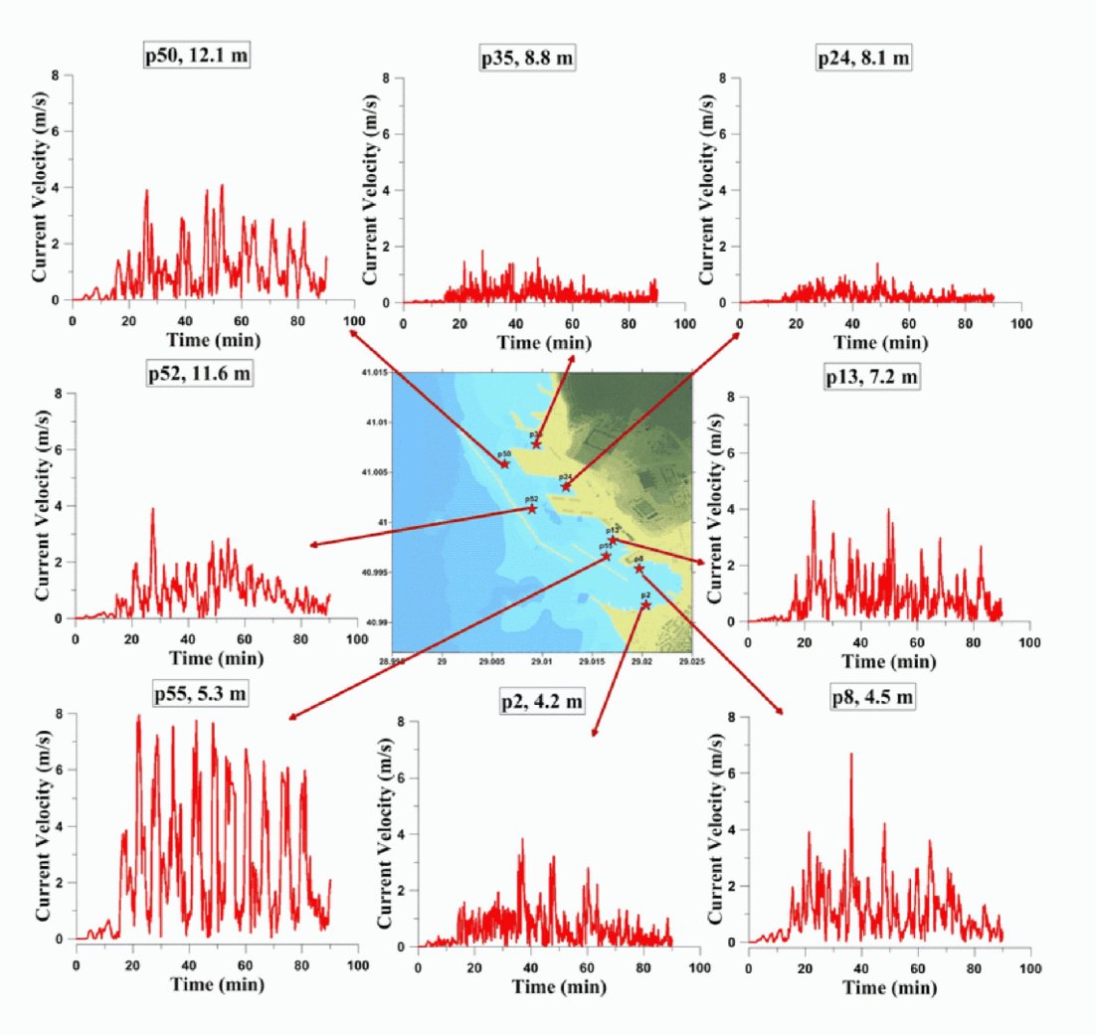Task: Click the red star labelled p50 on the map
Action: [504, 463]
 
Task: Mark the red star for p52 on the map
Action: [532, 509]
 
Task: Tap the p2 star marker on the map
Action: [646, 604]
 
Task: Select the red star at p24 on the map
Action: [566, 486]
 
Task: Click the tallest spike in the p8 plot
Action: [850, 755]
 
